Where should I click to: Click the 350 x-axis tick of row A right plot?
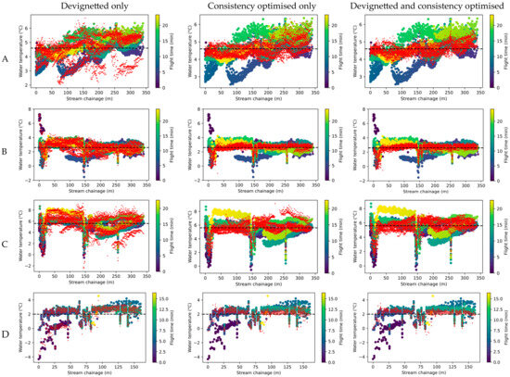coord(471,91)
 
